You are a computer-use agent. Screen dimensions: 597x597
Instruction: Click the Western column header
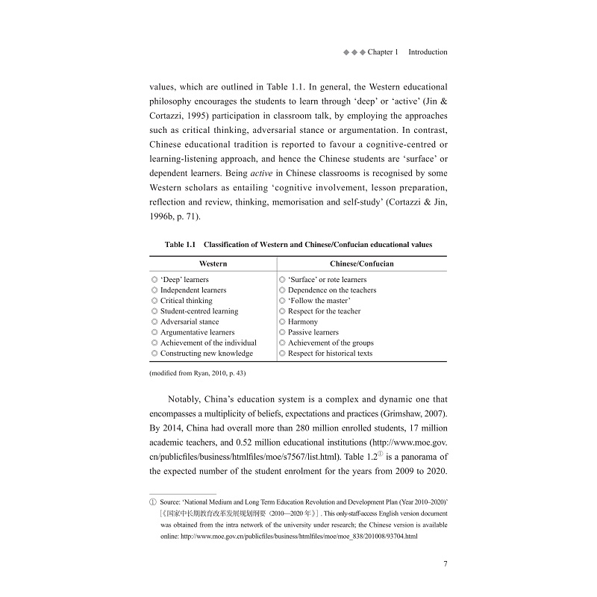click(x=213, y=263)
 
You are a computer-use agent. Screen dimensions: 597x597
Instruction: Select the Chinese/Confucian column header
click(x=362, y=263)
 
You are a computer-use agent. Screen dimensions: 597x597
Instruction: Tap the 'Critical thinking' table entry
click(x=186, y=301)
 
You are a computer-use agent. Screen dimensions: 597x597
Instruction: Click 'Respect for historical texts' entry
click(x=330, y=353)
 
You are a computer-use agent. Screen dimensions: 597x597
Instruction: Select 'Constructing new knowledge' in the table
click(x=206, y=353)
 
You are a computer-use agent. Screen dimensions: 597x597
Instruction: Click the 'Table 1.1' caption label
click(x=180, y=244)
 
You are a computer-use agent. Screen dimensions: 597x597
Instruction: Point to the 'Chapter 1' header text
click(x=383, y=52)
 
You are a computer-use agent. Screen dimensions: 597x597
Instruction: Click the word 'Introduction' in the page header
click(x=428, y=52)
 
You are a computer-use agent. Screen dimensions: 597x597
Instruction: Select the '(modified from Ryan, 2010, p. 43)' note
click(x=198, y=372)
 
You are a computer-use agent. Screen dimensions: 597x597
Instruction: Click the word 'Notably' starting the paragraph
click(x=187, y=400)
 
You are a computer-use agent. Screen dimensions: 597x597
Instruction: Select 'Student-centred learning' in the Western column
click(x=199, y=311)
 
